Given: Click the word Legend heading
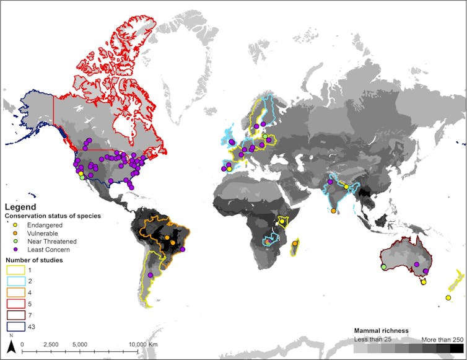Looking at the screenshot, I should (20, 207).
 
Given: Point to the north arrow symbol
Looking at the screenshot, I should (11, 346).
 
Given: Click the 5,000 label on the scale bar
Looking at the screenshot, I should (79, 344).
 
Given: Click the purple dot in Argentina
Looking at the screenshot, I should (151, 292).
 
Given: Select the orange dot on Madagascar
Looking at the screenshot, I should (295, 244).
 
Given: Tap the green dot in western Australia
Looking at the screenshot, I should (384, 267).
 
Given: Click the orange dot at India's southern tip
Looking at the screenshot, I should (334, 211).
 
